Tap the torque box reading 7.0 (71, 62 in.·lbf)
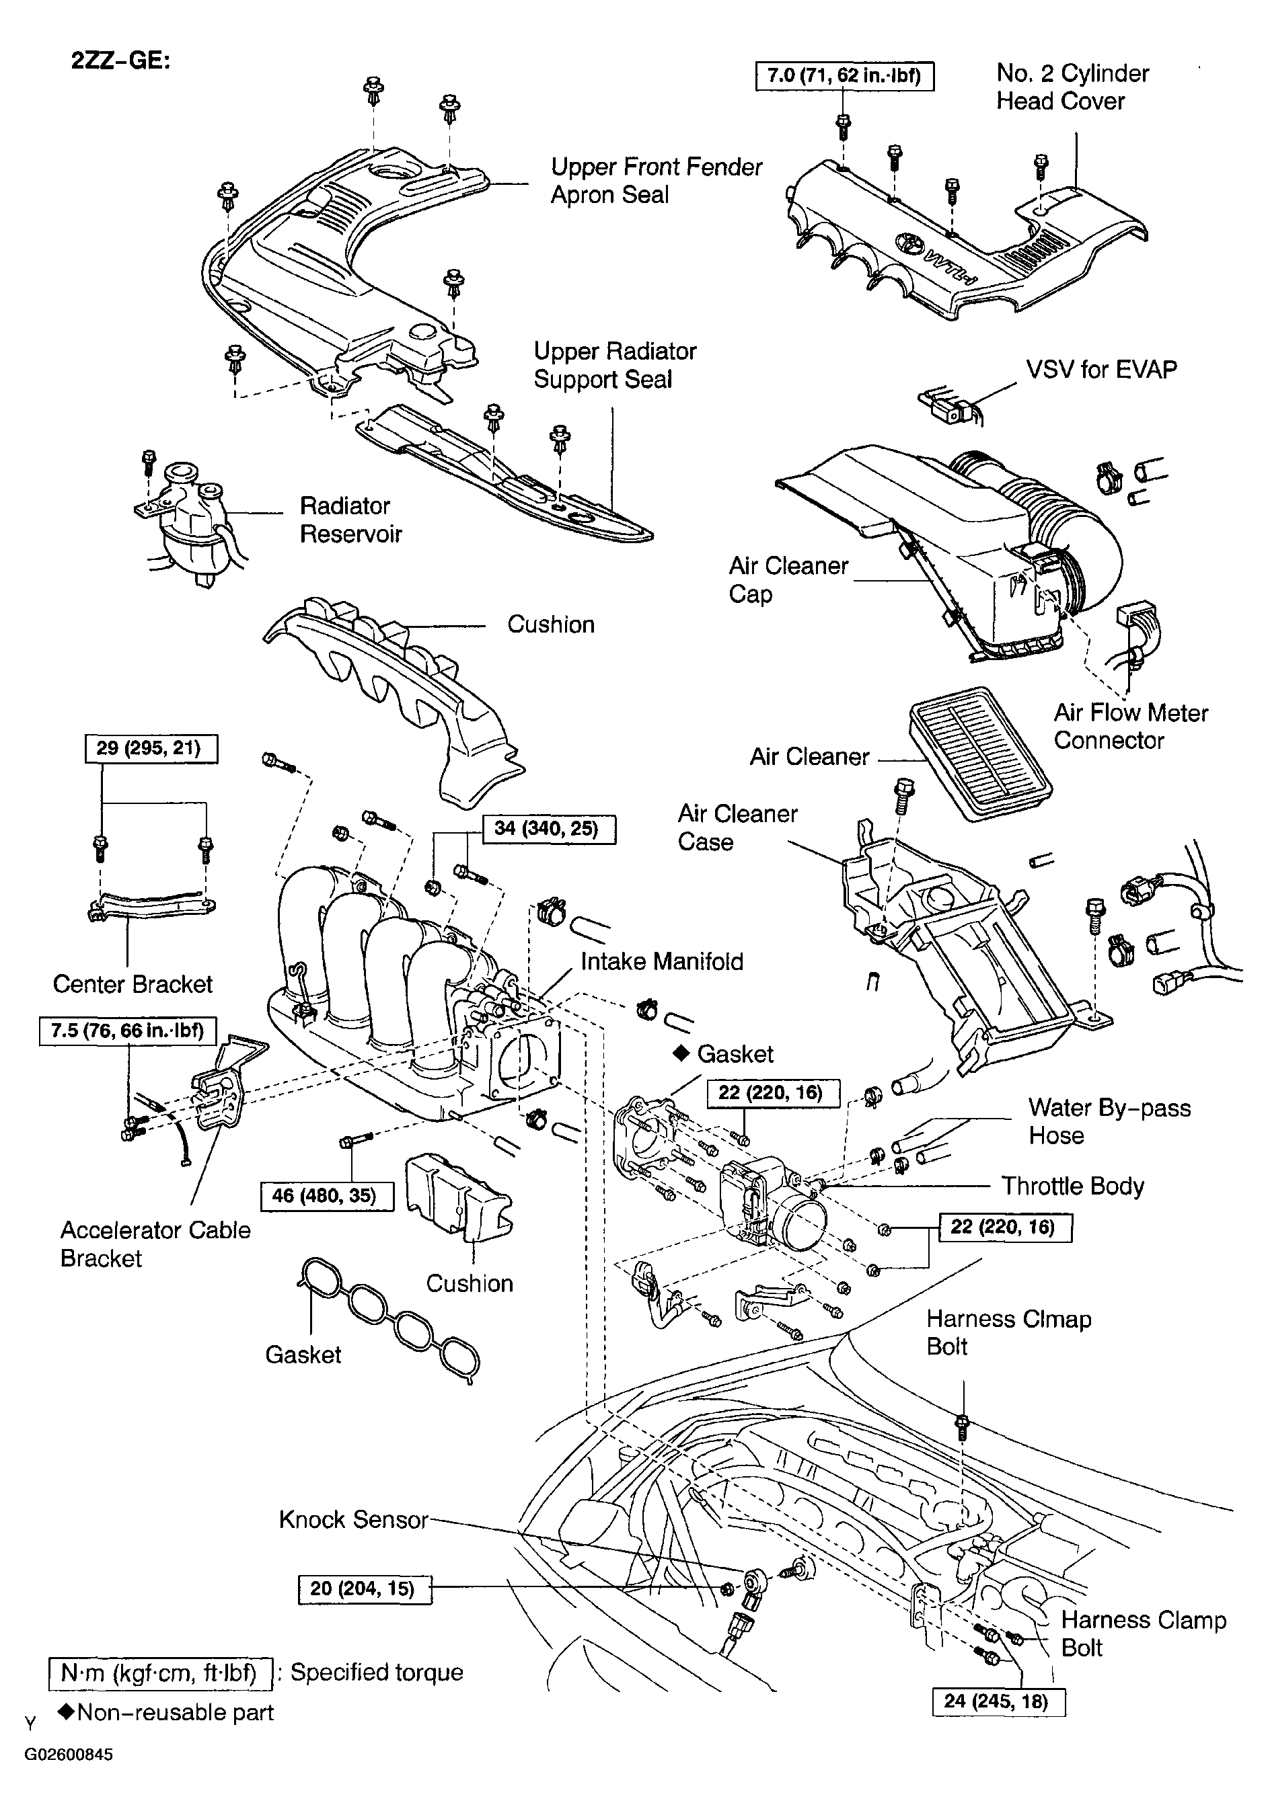(x=844, y=77)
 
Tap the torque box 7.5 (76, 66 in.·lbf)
(x=127, y=1031)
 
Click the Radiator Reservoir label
(x=350, y=520)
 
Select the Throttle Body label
(x=1072, y=1186)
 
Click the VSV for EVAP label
(x=1101, y=370)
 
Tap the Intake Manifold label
(x=661, y=961)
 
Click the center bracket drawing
(x=150, y=906)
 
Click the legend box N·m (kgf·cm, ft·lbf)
(x=160, y=1673)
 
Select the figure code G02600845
(x=69, y=1755)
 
